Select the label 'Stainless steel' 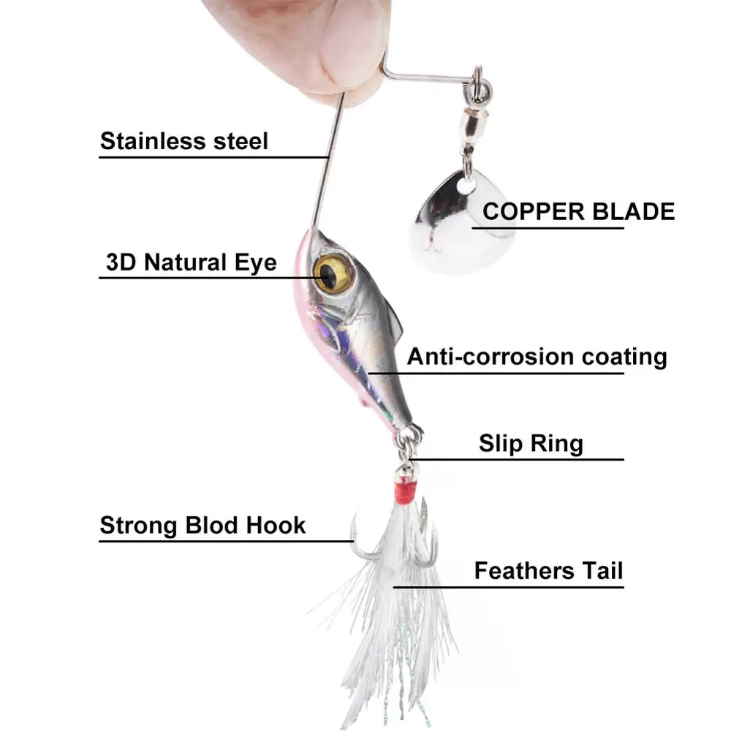point(184,140)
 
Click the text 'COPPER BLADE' point(578,212)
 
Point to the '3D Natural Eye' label point(192,262)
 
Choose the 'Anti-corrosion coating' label point(537,357)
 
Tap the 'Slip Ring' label point(531,443)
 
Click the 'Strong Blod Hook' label point(202,525)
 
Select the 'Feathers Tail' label point(548,570)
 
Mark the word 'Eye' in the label point(256,262)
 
